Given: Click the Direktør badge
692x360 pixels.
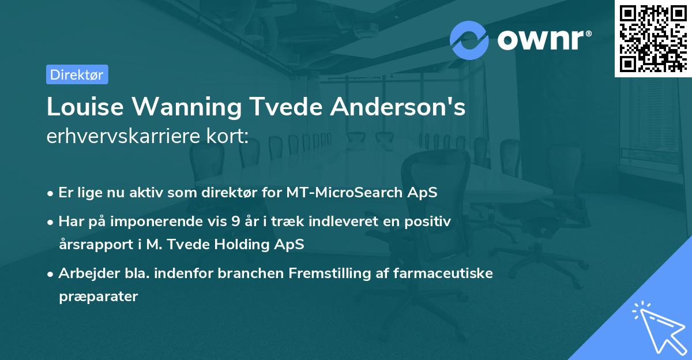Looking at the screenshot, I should tap(77, 74).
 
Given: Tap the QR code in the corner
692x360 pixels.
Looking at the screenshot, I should tap(653, 38).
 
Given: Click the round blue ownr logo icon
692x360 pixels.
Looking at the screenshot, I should tap(469, 40).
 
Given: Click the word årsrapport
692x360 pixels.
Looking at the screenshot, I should tap(93, 244).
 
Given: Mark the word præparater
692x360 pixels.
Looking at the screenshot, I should tap(98, 297).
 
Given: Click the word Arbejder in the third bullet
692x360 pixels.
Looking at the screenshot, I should tap(84, 273).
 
